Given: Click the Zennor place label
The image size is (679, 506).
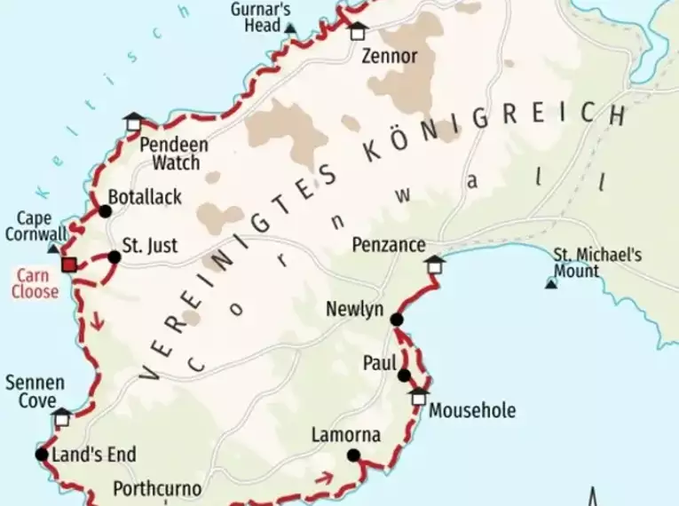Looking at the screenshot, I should pos(390,57).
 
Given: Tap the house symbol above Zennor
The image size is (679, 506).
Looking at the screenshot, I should pos(357,31).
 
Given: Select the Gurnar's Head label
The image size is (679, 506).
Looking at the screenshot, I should pos(260,17).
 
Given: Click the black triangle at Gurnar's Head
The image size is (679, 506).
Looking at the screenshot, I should pos(290,28).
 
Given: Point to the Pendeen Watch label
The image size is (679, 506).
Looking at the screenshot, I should pos(175,153).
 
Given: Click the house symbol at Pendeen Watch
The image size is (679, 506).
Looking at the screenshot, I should pos(133,122).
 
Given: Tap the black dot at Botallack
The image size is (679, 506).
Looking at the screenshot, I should pos(106,211).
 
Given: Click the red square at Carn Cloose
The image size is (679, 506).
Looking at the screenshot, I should pos(68,264).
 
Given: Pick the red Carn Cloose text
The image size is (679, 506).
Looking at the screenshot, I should pos(36,284).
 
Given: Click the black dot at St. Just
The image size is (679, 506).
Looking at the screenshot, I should pos(114,257).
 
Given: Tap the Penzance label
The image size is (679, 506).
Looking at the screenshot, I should pos(389,244).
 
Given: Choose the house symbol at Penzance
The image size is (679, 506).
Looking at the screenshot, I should pos(434,265).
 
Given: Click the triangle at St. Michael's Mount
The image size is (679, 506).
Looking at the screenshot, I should pos(551,283).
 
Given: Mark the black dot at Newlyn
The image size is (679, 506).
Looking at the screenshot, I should pos(397,320).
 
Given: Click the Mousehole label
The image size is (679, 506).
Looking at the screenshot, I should pos(471,411).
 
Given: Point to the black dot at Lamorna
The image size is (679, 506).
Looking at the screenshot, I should pos(353,455).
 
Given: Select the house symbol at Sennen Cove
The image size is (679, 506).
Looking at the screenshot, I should pos(61,417).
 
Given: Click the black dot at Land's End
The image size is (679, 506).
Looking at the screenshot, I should pos(41,455).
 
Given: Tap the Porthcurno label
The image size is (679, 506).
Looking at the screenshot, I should pos(157,489).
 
